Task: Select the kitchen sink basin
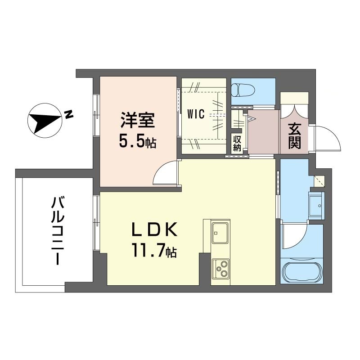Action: [x=220, y=233]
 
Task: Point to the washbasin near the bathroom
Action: [x=316, y=206]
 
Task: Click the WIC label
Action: [x=196, y=114]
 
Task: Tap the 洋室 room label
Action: [x=138, y=120]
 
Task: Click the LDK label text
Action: [x=154, y=229]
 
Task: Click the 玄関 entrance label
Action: [x=294, y=136]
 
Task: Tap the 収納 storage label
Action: [x=237, y=144]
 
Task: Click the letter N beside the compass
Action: [x=69, y=114]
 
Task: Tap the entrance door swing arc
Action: [x=328, y=138]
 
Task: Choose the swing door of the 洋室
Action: [x=166, y=172]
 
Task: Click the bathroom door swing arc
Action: [x=295, y=237]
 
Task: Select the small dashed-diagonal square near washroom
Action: [x=319, y=181]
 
